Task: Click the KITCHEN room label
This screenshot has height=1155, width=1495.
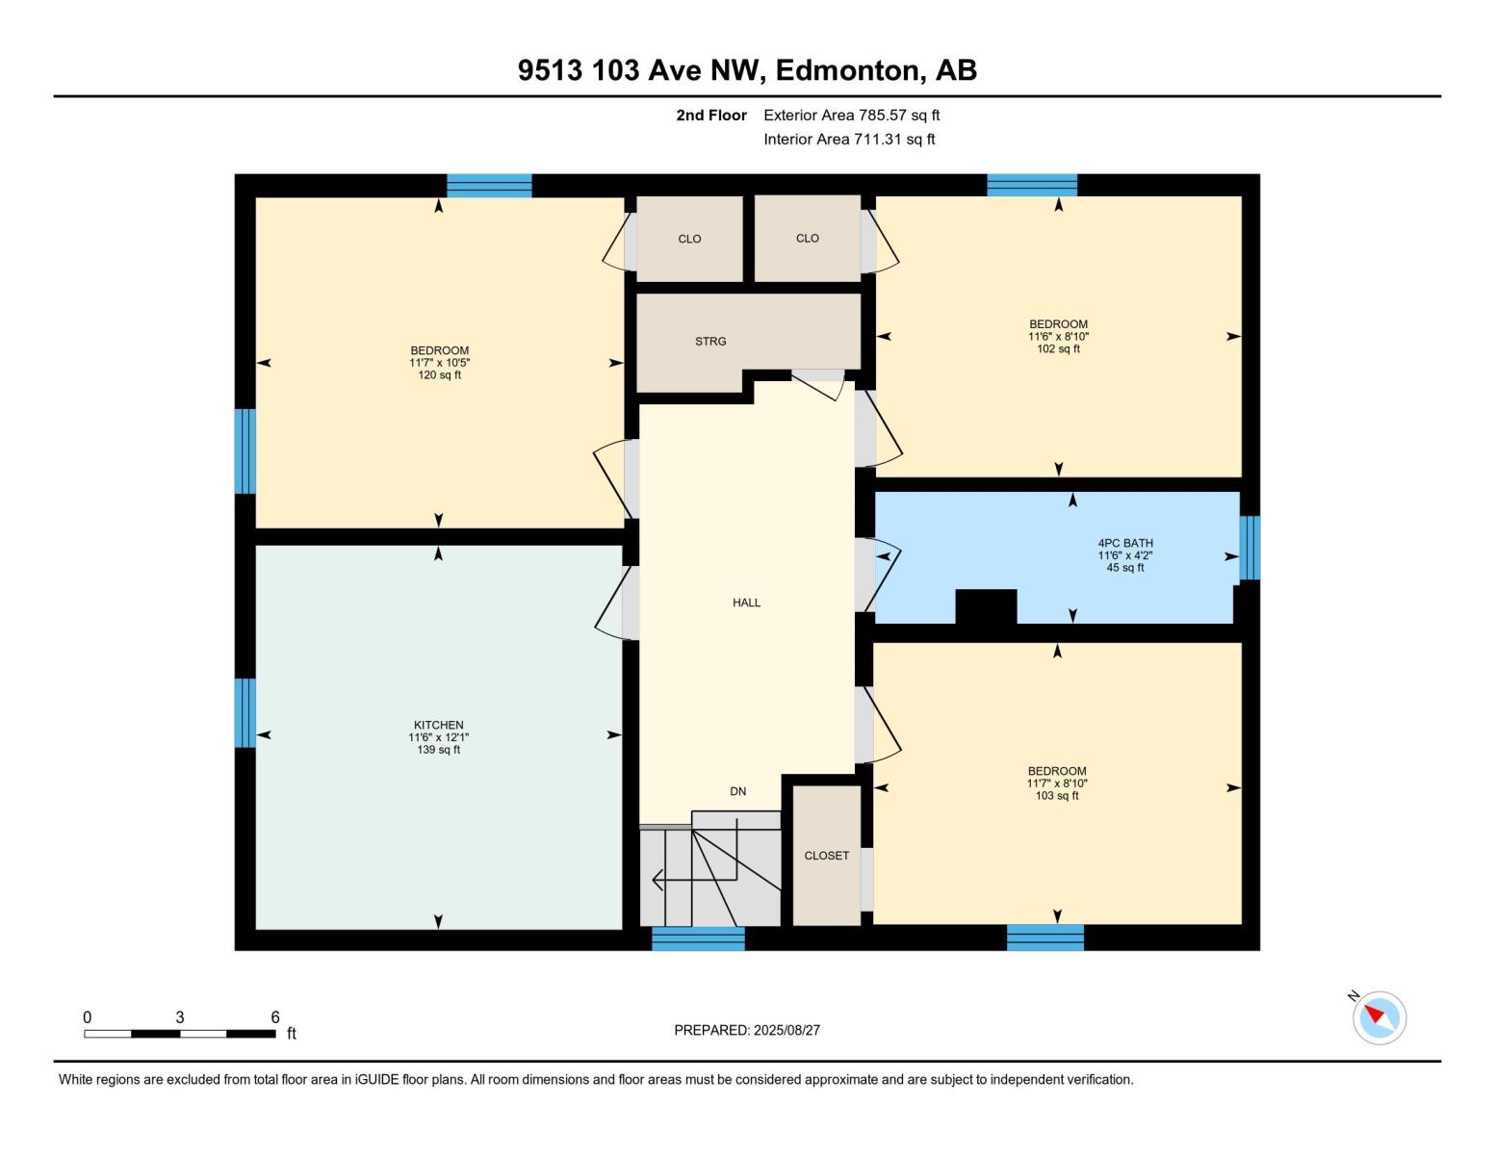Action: click(438, 725)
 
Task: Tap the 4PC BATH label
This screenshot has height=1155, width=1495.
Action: click(1125, 543)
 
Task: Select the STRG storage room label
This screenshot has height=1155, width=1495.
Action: click(710, 342)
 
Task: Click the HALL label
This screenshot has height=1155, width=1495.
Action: click(746, 603)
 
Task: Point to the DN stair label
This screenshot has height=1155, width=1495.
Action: click(737, 791)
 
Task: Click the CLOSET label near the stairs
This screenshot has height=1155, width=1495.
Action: click(826, 856)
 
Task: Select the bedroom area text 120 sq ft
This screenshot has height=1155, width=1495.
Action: click(439, 375)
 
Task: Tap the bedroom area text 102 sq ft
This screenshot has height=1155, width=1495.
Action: click(1058, 349)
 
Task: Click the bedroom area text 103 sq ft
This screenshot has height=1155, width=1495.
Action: click(1056, 796)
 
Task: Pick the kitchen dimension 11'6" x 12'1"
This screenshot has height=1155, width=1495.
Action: click(438, 737)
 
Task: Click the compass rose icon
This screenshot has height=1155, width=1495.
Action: click(1379, 1017)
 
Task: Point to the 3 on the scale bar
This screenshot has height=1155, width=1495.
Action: click(180, 1017)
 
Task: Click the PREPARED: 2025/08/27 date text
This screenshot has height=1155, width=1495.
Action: click(747, 1030)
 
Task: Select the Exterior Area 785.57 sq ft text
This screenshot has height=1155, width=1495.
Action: click(851, 115)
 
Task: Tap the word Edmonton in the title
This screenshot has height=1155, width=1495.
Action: click(846, 70)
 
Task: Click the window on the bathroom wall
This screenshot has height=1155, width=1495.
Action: click(1249, 548)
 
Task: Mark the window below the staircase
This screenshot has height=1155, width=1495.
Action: click(698, 938)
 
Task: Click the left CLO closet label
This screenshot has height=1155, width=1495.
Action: click(689, 239)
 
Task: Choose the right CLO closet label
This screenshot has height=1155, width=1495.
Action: click(807, 238)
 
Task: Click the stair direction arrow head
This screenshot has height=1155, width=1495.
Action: click(657, 879)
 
